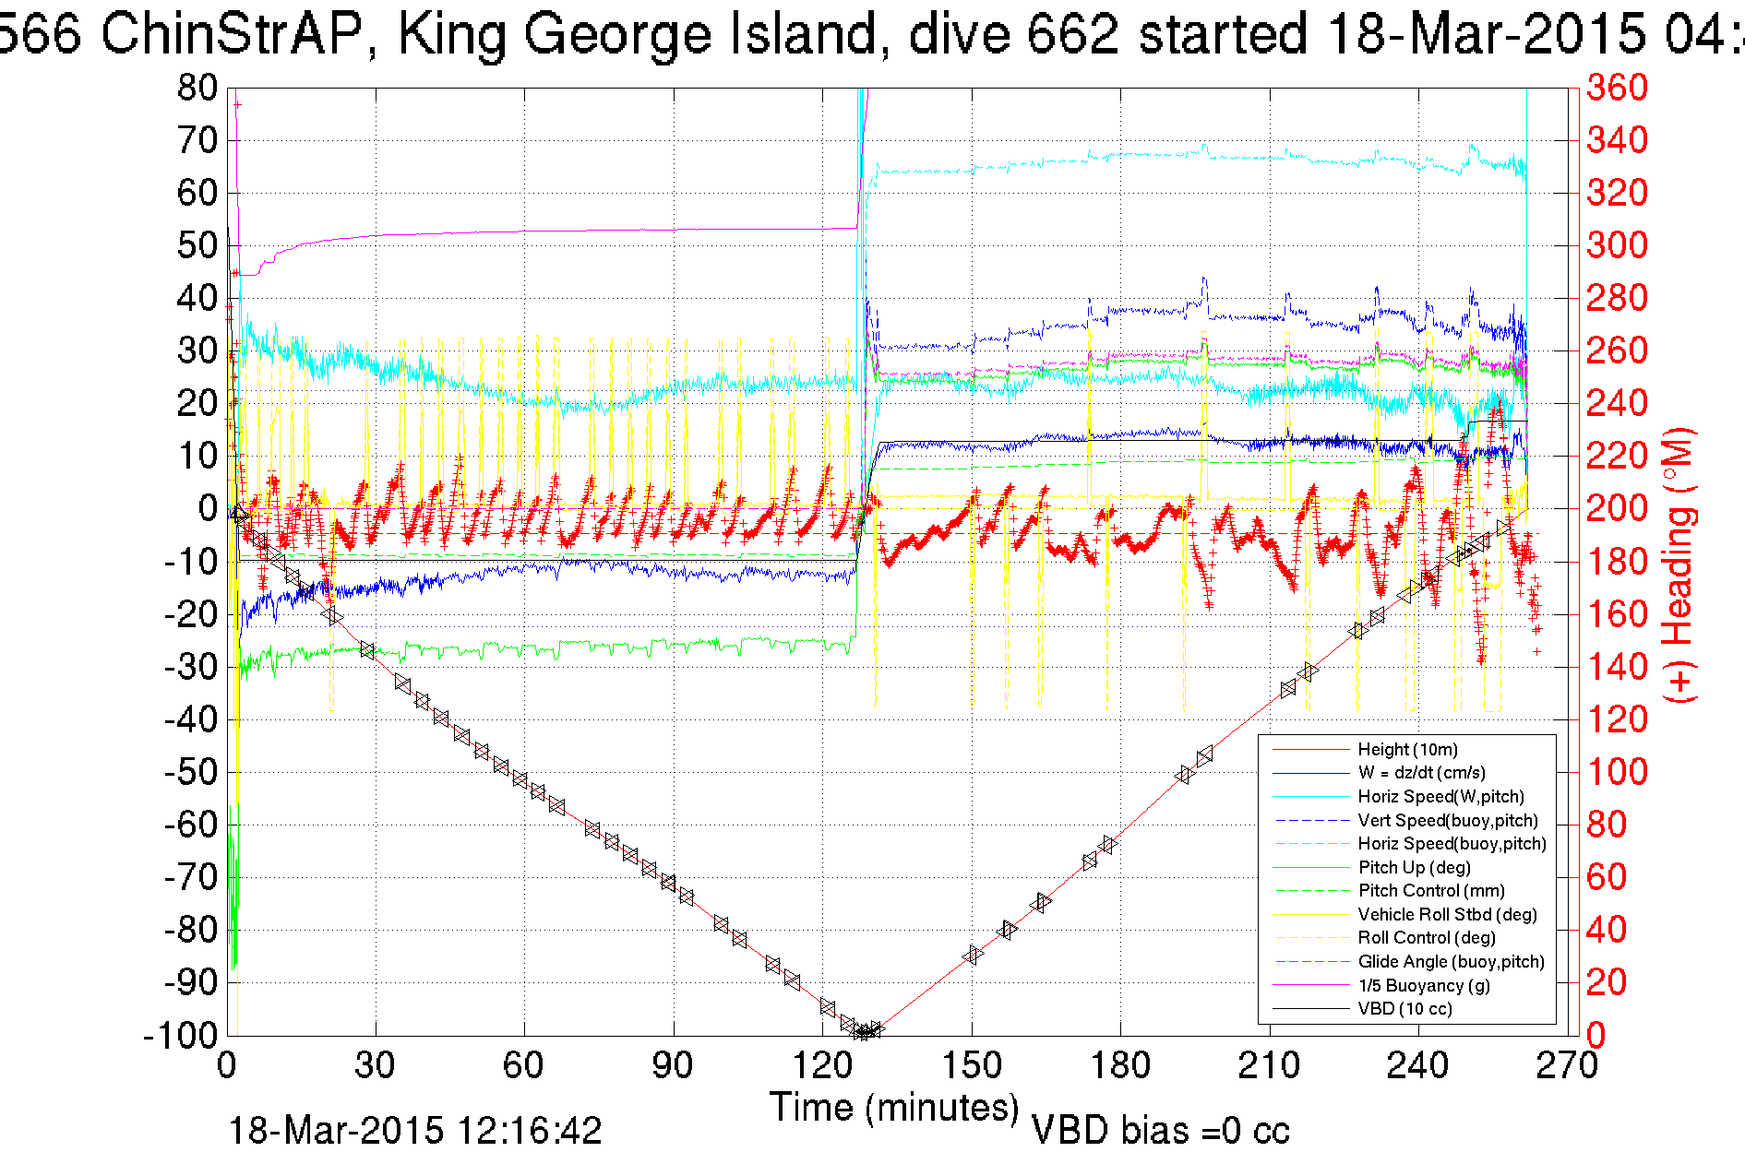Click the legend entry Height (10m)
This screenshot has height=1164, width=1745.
click(x=1407, y=750)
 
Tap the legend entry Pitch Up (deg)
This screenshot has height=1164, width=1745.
click(x=1414, y=867)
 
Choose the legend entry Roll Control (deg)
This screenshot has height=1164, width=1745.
click(x=1427, y=938)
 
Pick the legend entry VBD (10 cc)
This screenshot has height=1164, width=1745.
click(x=1404, y=1009)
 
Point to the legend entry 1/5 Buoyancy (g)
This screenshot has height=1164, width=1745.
click(x=1424, y=985)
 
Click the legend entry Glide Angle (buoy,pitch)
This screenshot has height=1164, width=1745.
click(x=1451, y=962)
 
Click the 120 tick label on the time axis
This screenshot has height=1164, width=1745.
click(x=822, y=1066)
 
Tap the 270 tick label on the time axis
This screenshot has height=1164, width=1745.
click(x=1566, y=1066)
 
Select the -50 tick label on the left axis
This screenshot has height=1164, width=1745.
click(x=191, y=772)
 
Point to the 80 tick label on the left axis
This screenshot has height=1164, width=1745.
click(x=197, y=89)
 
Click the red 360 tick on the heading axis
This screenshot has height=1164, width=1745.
click(x=1617, y=89)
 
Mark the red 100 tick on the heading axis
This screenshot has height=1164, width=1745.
click(x=1617, y=772)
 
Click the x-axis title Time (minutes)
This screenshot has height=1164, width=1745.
click(x=894, y=1107)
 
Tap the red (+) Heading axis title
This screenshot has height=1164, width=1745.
click(x=1679, y=564)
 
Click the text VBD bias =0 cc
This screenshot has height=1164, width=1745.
click(x=1160, y=1131)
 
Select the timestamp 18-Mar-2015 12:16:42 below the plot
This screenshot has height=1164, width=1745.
click(x=414, y=1131)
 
